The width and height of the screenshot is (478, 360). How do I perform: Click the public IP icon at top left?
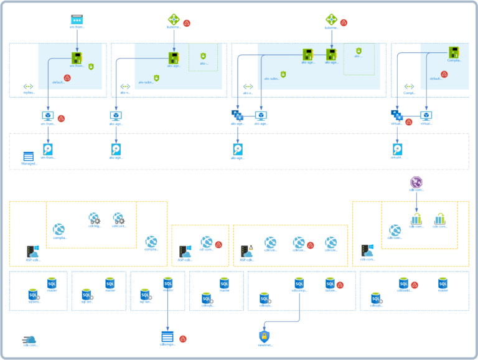pos(77,20)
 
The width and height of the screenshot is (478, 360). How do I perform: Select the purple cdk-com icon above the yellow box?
pos(416,182)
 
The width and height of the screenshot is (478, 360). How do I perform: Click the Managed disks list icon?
pos(29,156)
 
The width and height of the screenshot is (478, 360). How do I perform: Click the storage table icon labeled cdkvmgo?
pos(167,336)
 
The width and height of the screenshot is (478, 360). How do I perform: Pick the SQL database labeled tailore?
pos(330,283)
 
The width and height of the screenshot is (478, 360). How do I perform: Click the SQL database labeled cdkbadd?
pos(403,283)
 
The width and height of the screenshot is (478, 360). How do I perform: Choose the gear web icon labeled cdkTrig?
pos(95,219)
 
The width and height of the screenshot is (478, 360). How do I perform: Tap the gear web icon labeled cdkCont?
pos(118,219)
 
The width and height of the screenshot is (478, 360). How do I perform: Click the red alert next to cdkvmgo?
pos(183,339)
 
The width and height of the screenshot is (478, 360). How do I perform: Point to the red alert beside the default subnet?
pos(67,78)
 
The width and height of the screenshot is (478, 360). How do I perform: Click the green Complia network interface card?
pos(454,54)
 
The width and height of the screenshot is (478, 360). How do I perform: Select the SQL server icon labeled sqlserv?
pos(33,293)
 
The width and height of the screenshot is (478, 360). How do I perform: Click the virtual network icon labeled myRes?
pos(28,87)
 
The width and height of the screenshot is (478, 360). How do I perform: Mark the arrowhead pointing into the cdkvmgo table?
pos(167,328)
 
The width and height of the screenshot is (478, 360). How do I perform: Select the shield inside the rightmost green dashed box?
pos(358,50)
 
